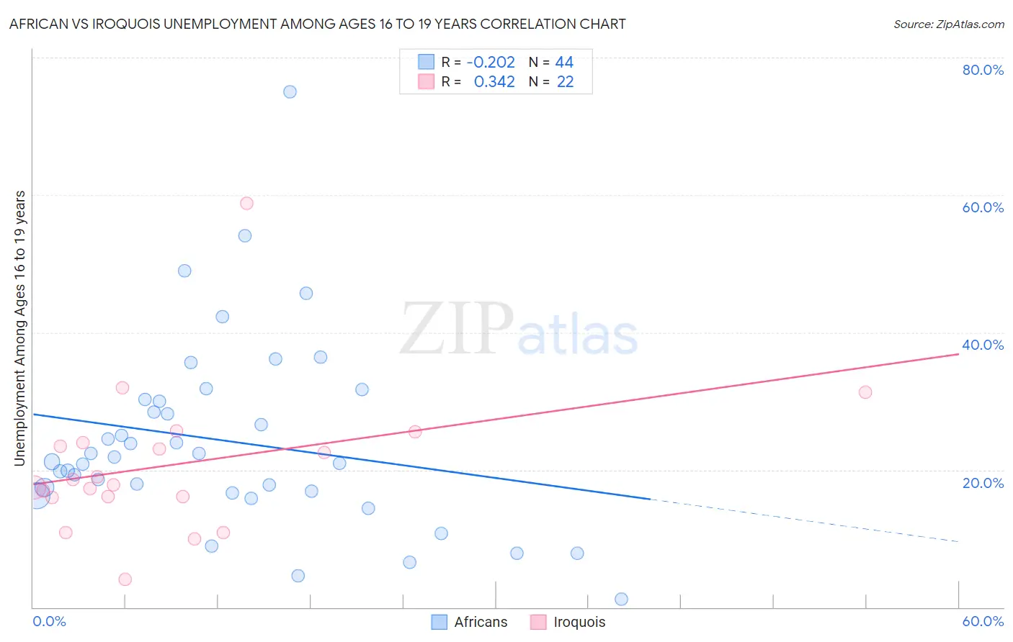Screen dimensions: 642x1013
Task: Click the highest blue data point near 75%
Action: coord(290,91)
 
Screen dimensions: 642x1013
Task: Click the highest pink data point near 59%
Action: coord(246,203)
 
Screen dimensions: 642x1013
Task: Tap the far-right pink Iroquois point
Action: coord(865,392)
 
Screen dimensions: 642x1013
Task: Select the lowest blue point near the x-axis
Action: coord(621,599)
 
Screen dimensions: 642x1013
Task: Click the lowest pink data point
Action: coord(125,579)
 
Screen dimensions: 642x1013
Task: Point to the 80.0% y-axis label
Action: coord(983,70)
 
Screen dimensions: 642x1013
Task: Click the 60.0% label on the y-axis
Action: coord(983,207)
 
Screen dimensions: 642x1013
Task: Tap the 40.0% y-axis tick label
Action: coord(983,345)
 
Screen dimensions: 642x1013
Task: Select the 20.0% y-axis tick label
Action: coord(983,483)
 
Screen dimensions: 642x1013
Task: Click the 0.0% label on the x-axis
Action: coord(49,621)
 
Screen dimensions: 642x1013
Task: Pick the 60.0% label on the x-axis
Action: coord(983,621)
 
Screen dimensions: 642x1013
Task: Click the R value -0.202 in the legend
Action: coord(491,63)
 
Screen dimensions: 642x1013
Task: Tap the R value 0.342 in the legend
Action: coord(494,82)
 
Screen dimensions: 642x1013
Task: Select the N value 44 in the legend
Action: coord(564,63)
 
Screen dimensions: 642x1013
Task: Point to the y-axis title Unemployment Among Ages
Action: coord(19,327)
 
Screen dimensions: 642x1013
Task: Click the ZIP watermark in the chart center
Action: coord(457,330)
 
